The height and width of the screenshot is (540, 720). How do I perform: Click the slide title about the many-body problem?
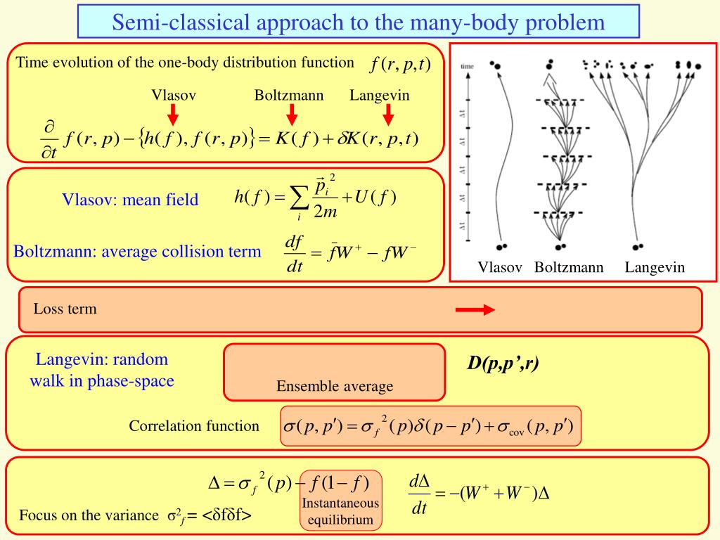[359, 22]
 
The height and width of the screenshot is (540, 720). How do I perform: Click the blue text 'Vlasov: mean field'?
[130, 200]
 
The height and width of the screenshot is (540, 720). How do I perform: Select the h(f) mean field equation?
[316, 199]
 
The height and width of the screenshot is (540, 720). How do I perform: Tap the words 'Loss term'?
[65, 309]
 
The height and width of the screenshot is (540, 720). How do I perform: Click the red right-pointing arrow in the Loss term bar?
[475, 310]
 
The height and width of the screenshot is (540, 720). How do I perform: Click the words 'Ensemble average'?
[335, 386]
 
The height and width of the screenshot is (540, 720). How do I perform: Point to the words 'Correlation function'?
[194, 426]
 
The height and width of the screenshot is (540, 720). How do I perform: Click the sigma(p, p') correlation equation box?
[430, 426]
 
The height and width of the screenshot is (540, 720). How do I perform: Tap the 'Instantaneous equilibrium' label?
[340, 512]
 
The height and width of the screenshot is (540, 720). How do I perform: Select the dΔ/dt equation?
[478, 494]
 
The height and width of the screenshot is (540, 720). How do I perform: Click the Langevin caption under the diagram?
[654, 267]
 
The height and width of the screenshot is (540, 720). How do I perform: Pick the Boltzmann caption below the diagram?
[569, 267]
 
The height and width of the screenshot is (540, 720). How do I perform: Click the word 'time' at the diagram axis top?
[468, 66]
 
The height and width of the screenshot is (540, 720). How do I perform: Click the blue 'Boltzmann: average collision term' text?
[137, 251]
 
